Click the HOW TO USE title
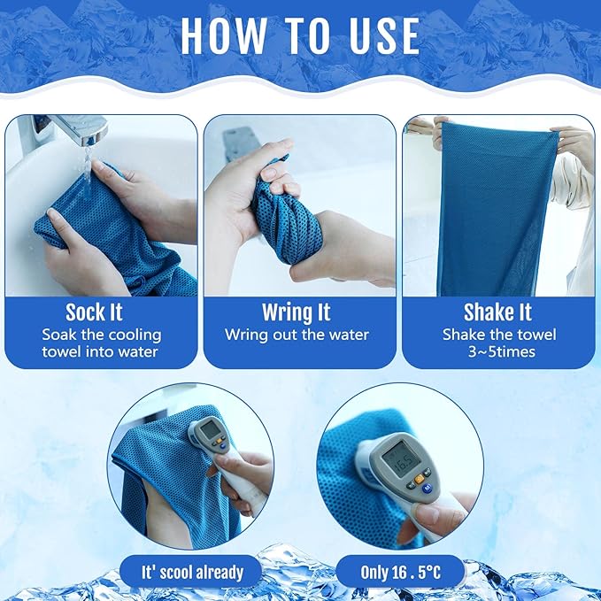pos(300,35)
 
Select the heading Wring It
pos(297,312)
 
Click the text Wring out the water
pos(297,335)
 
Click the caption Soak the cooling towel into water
pos(102,343)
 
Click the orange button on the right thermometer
pos(417,481)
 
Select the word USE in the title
pos(377,35)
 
